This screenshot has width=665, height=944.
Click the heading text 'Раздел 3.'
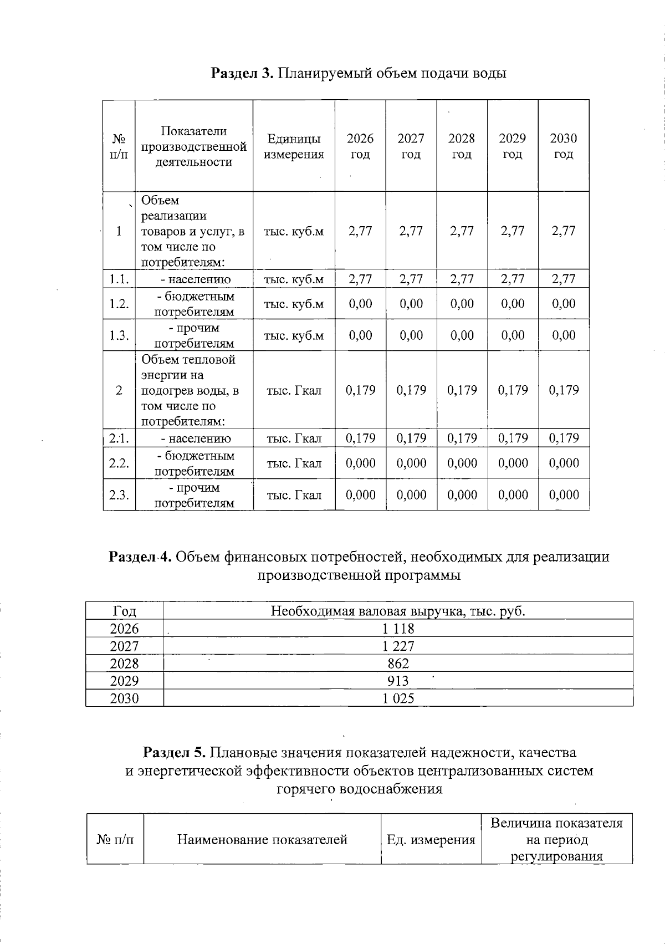pyautogui.click(x=242, y=73)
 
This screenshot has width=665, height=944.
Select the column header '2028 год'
pyautogui.click(x=462, y=146)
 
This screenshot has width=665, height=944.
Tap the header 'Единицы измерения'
pyautogui.click(x=294, y=146)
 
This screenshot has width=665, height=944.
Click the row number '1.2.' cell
pyautogui.click(x=119, y=304)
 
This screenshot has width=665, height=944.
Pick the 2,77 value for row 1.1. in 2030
pyautogui.click(x=564, y=279)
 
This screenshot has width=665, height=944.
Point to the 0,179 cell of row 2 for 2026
pyautogui.click(x=360, y=390)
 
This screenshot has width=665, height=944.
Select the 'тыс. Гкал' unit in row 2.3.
pyautogui.click(x=294, y=495)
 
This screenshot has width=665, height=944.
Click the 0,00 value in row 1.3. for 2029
pyautogui.click(x=513, y=335)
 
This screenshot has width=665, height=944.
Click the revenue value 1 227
pyautogui.click(x=398, y=646)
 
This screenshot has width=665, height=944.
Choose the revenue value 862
pyautogui.click(x=398, y=664)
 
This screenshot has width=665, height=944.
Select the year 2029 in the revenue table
pyautogui.click(x=124, y=681)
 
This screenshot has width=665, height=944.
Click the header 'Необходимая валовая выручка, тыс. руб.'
pyautogui.click(x=398, y=611)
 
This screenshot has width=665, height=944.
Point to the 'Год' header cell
pyautogui.click(x=124, y=611)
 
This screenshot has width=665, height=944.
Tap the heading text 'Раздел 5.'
pyautogui.click(x=175, y=753)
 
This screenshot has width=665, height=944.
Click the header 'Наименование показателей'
pyautogui.click(x=262, y=840)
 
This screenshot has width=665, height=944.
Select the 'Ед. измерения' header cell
pyautogui.click(x=431, y=840)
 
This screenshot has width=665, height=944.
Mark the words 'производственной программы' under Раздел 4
pyautogui.click(x=359, y=575)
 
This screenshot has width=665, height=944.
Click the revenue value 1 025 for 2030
pyautogui.click(x=398, y=698)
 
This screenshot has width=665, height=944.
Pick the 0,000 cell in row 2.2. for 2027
pyautogui.click(x=411, y=463)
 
